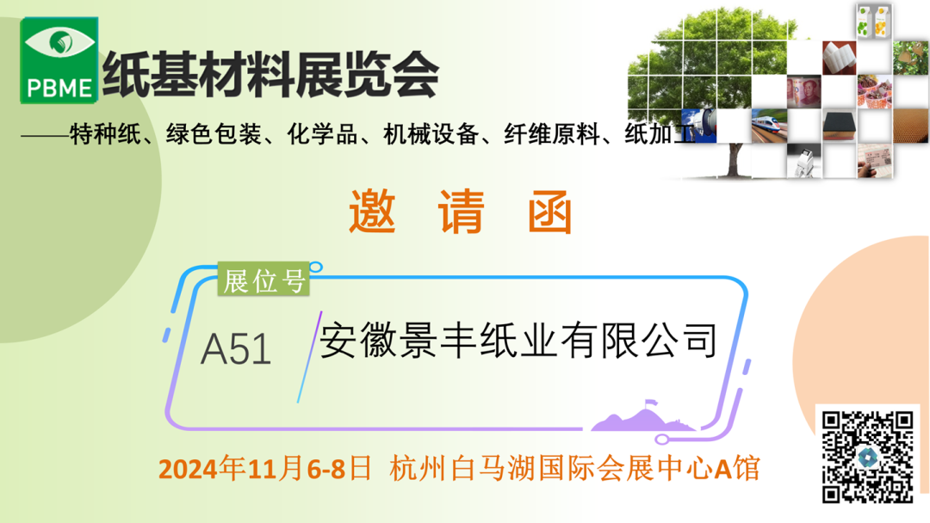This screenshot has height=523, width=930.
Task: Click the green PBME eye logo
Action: click(x=59, y=60)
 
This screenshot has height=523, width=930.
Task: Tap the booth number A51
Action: click(x=236, y=349)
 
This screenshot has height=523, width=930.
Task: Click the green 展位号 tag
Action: click(x=263, y=280)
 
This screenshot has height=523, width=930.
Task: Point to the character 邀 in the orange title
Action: click(x=372, y=212)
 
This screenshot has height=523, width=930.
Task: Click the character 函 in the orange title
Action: click(x=549, y=212)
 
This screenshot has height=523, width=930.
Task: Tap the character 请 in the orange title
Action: click(x=461, y=212)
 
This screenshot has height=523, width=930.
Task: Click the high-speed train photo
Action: click(x=769, y=126)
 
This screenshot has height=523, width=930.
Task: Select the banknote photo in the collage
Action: click(x=804, y=92)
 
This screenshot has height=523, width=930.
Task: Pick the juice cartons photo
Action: click(x=874, y=22)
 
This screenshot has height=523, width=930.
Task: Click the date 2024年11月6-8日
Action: click(x=264, y=469)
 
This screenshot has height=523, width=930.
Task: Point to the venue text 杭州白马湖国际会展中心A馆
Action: click(x=574, y=469)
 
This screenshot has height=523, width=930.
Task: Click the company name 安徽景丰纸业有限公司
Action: click(x=518, y=341)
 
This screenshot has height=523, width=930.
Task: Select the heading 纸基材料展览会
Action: click(x=271, y=75)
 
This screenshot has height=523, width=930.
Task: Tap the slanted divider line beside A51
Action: click(x=310, y=357)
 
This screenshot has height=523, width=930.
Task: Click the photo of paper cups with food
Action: click(x=874, y=92)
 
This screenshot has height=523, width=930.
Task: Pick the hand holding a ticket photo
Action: click(x=874, y=161)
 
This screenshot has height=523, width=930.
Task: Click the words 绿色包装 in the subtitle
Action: click(x=214, y=134)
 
